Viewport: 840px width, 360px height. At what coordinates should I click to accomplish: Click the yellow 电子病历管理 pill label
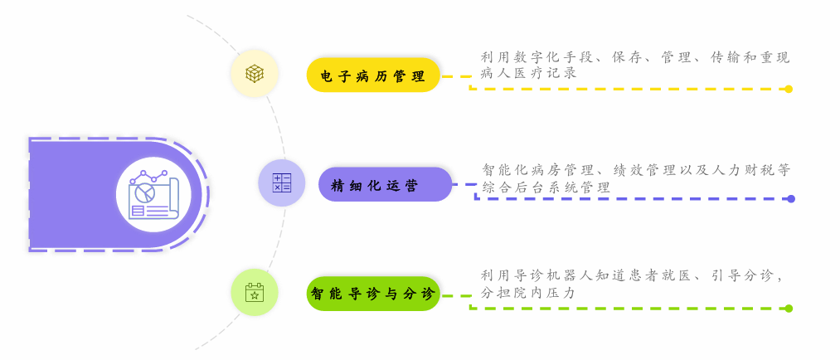[373, 75]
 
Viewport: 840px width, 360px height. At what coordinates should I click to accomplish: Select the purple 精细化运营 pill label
[385, 184]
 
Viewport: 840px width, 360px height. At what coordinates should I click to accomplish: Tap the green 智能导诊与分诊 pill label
[373, 294]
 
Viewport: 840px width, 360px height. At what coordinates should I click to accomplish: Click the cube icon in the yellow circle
[255, 74]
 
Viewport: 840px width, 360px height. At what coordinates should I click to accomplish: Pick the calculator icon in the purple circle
[282, 183]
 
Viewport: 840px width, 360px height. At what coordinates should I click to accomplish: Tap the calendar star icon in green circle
[255, 292]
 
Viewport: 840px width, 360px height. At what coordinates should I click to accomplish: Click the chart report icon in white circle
[153, 194]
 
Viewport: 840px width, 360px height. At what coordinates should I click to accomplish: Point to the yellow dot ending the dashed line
[789, 89]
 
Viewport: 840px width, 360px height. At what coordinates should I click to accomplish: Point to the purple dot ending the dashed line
[791, 199]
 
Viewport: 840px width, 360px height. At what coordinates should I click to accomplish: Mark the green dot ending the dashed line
[789, 309]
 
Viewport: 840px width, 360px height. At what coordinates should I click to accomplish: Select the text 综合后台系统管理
[546, 187]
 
